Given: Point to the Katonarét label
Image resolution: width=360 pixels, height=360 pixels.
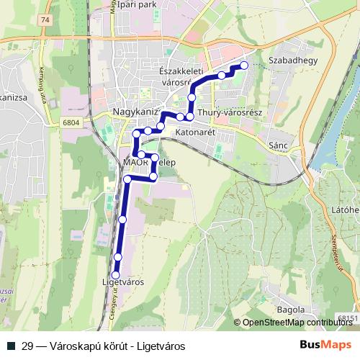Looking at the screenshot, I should (195, 132).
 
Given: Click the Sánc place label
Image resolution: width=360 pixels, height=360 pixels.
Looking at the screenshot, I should (277, 145).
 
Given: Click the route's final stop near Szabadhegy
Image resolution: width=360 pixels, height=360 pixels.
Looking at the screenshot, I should (243, 66).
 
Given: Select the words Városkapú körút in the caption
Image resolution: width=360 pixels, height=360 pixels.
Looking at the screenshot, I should (79, 346).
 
